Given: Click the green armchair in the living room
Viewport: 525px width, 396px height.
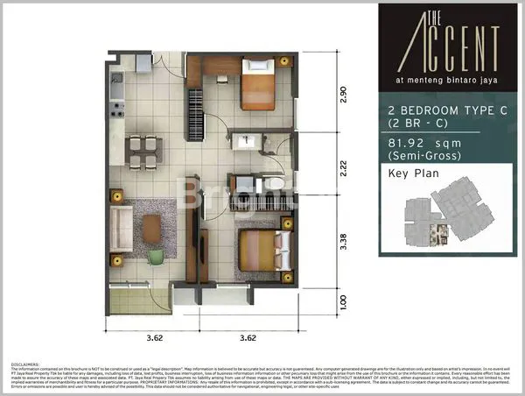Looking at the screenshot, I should tap(155, 256).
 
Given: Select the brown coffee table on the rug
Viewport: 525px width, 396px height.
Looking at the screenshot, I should tap(152, 228).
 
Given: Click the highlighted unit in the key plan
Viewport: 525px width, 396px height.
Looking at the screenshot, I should tap(443, 233).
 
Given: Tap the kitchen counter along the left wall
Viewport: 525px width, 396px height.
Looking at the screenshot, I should tap(117, 96).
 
